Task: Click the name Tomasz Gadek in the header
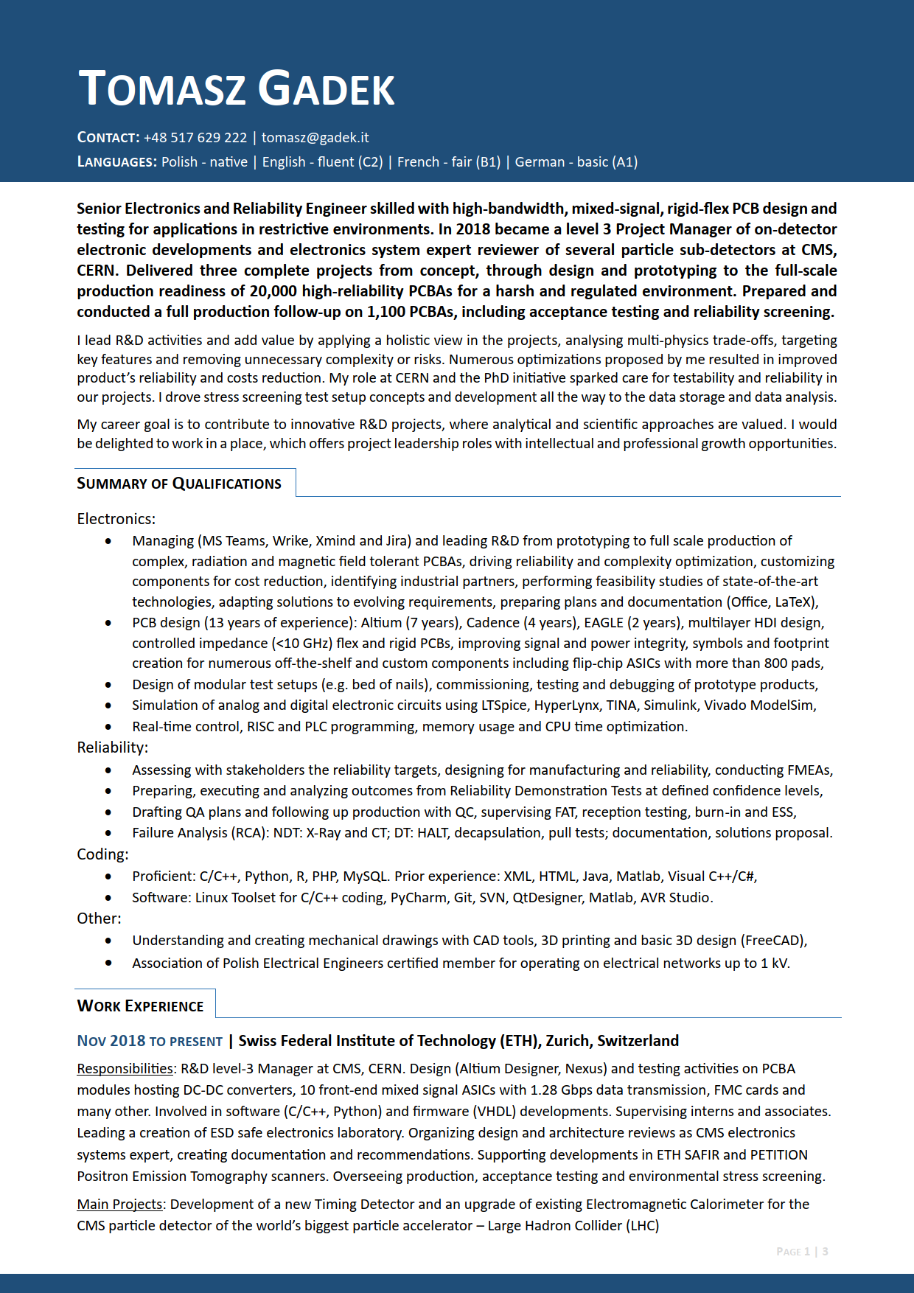tap(236, 89)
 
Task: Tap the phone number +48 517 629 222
tap(195, 138)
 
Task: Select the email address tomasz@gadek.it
tap(315, 138)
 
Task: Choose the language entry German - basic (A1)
tap(576, 162)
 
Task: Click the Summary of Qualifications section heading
tap(179, 484)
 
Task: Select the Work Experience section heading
tap(140, 1006)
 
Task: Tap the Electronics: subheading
tap(116, 519)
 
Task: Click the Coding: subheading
tap(102, 854)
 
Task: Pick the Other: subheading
tap(99, 919)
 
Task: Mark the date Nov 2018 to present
tap(150, 1041)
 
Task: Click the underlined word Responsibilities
tap(125, 1069)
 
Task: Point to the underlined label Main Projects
tap(119, 1205)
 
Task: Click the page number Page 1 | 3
tap(802, 1252)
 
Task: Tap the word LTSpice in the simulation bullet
tap(505, 705)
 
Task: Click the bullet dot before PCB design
tap(108, 623)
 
